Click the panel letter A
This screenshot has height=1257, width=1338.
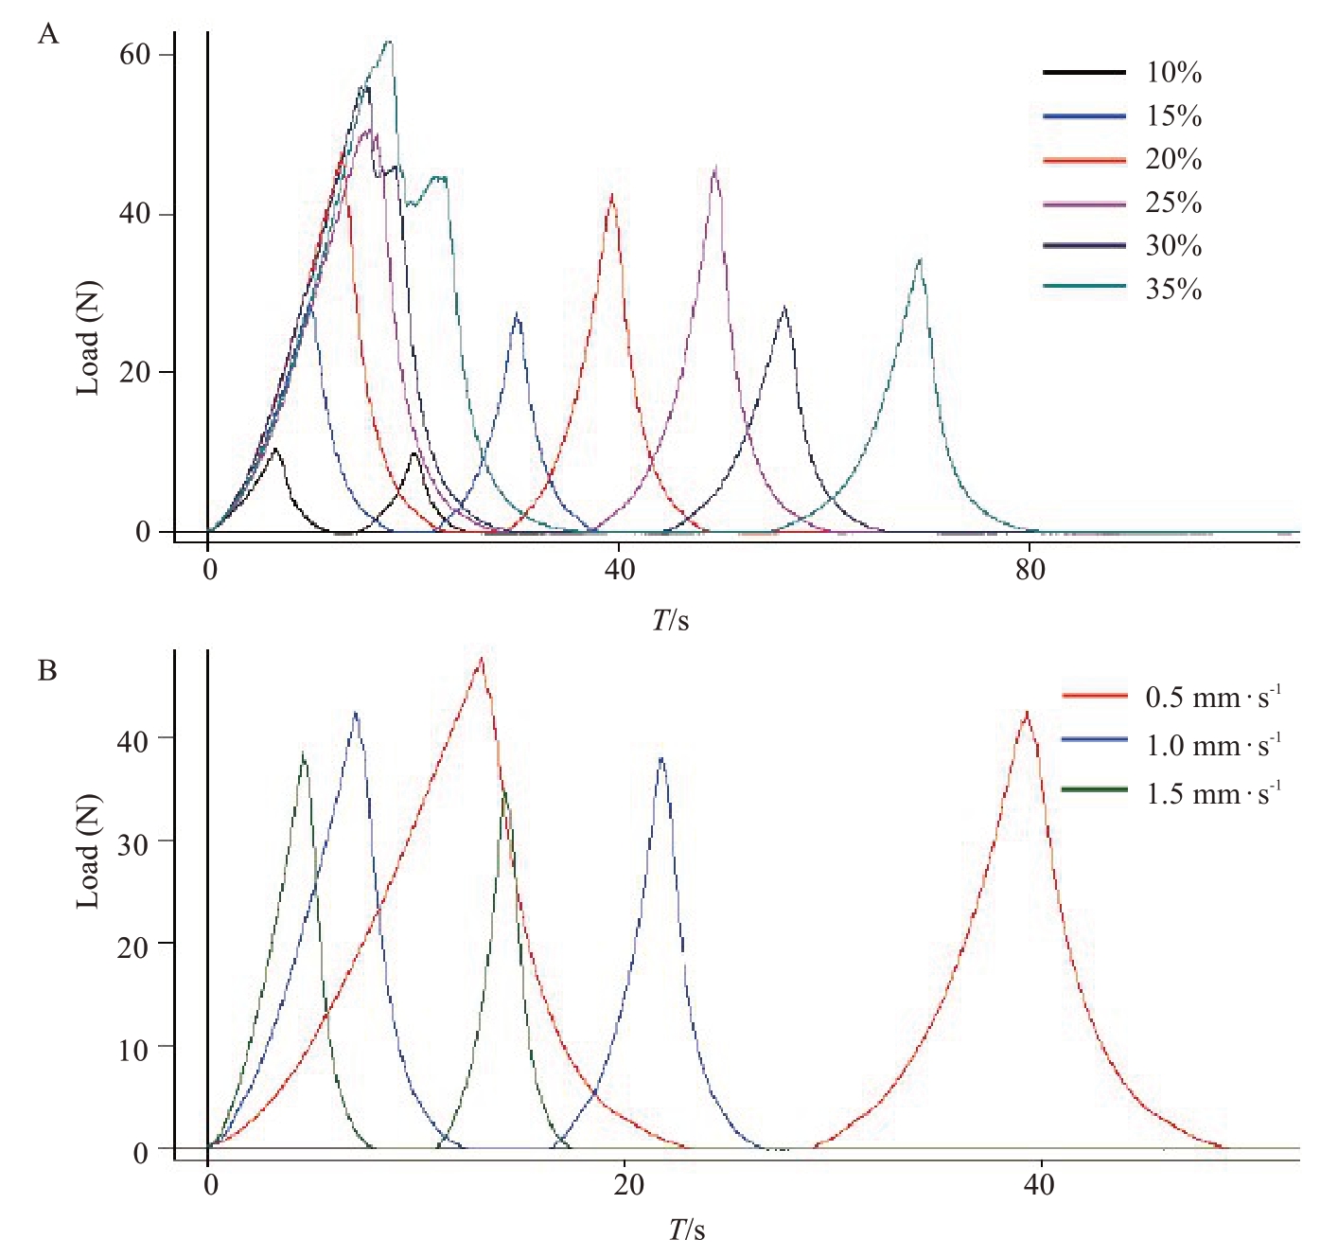click(x=47, y=35)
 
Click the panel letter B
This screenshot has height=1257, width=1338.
click(x=47, y=671)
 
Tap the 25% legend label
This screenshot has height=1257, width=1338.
click(x=1173, y=203)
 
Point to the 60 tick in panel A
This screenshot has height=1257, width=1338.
click(x=135, y=55)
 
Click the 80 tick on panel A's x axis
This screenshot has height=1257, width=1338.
click(x=1030, y=570)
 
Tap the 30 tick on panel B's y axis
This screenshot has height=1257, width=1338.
click(x=133, y=842)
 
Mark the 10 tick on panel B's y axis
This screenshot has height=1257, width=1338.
click(x=133, y=1049)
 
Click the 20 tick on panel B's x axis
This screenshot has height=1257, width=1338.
click(x=627, y=1185)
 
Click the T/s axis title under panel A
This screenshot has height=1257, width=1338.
click(x=670, y=620)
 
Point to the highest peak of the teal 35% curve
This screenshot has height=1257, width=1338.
click(x=388, y=42)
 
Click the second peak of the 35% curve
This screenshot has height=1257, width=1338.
click(x=919, y=259)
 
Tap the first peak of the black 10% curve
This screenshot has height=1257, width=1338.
click(x=275, y=450)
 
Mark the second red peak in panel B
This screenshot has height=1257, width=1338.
click(x=1027, y=713)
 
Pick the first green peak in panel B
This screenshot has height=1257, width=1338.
click(x=303, y=753)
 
